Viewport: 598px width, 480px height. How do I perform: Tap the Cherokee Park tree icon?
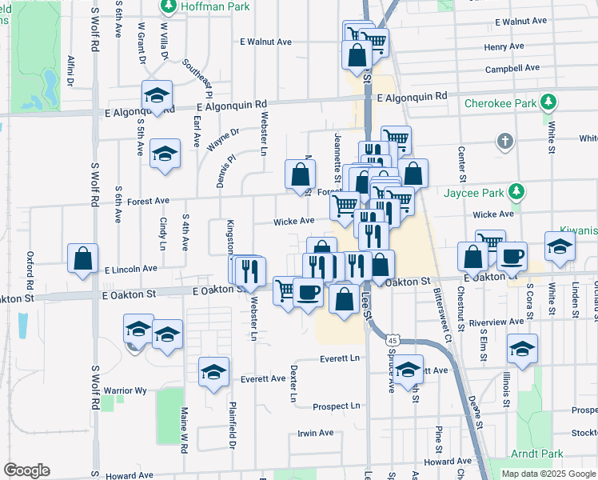click(548, 102)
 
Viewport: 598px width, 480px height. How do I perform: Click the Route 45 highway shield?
click(392, 339)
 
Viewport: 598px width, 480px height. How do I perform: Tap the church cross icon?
click(504, 142)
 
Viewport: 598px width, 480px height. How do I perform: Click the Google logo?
click(26, 470)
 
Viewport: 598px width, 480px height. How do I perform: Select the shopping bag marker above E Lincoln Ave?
click(82, 258)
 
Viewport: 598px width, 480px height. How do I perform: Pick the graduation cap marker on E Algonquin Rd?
click(157, 95)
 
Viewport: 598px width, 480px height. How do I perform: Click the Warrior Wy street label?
click(126, 390)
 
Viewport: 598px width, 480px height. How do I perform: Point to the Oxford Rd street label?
click(30, 271)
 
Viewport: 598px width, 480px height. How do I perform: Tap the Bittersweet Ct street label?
click(443, 317)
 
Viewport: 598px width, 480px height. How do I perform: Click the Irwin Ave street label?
click(315, 433)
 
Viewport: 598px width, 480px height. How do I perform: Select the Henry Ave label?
click(504, 47)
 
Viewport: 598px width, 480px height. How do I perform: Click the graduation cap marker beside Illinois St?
click(522, 349)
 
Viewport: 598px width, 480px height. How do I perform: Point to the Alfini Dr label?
click(71, 70)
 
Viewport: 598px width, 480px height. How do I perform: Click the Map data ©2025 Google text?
click(548, 474)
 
